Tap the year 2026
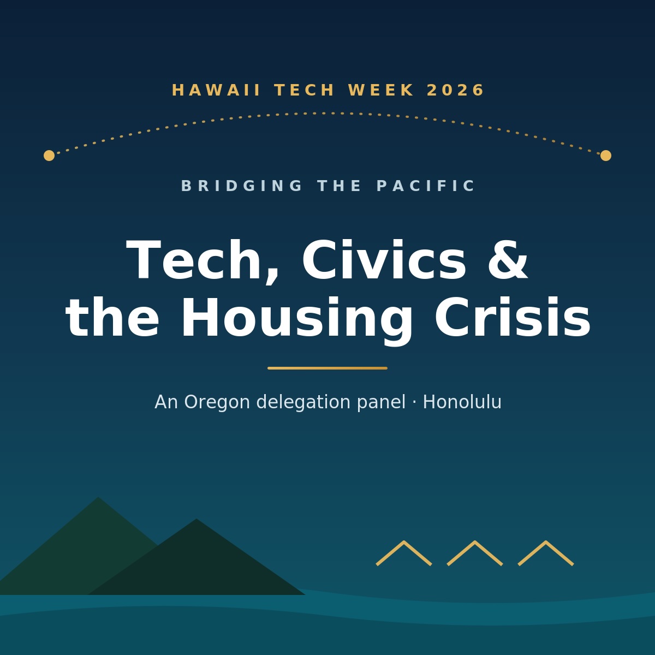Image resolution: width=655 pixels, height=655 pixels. coord(455,90)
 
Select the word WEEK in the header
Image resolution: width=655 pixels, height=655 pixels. coord(381,90)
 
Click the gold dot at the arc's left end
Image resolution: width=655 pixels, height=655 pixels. coord(49,156)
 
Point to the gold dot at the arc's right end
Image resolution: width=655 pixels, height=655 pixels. coord(606,156)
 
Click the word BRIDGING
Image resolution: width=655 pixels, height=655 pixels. coord(242,186)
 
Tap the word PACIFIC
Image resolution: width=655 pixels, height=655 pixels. coord(426,186)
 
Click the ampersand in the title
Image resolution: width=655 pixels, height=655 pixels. coord(508,259)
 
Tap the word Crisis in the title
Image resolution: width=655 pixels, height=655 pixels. coord(513,318)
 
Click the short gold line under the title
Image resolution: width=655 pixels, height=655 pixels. coord(327,368)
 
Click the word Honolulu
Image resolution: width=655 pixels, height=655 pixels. coord(462,402)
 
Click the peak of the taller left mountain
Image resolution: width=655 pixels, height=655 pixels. coord(98,497)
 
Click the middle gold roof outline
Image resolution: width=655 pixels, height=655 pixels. coord(474,542)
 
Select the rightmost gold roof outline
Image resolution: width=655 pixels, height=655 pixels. coord(545,542)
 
